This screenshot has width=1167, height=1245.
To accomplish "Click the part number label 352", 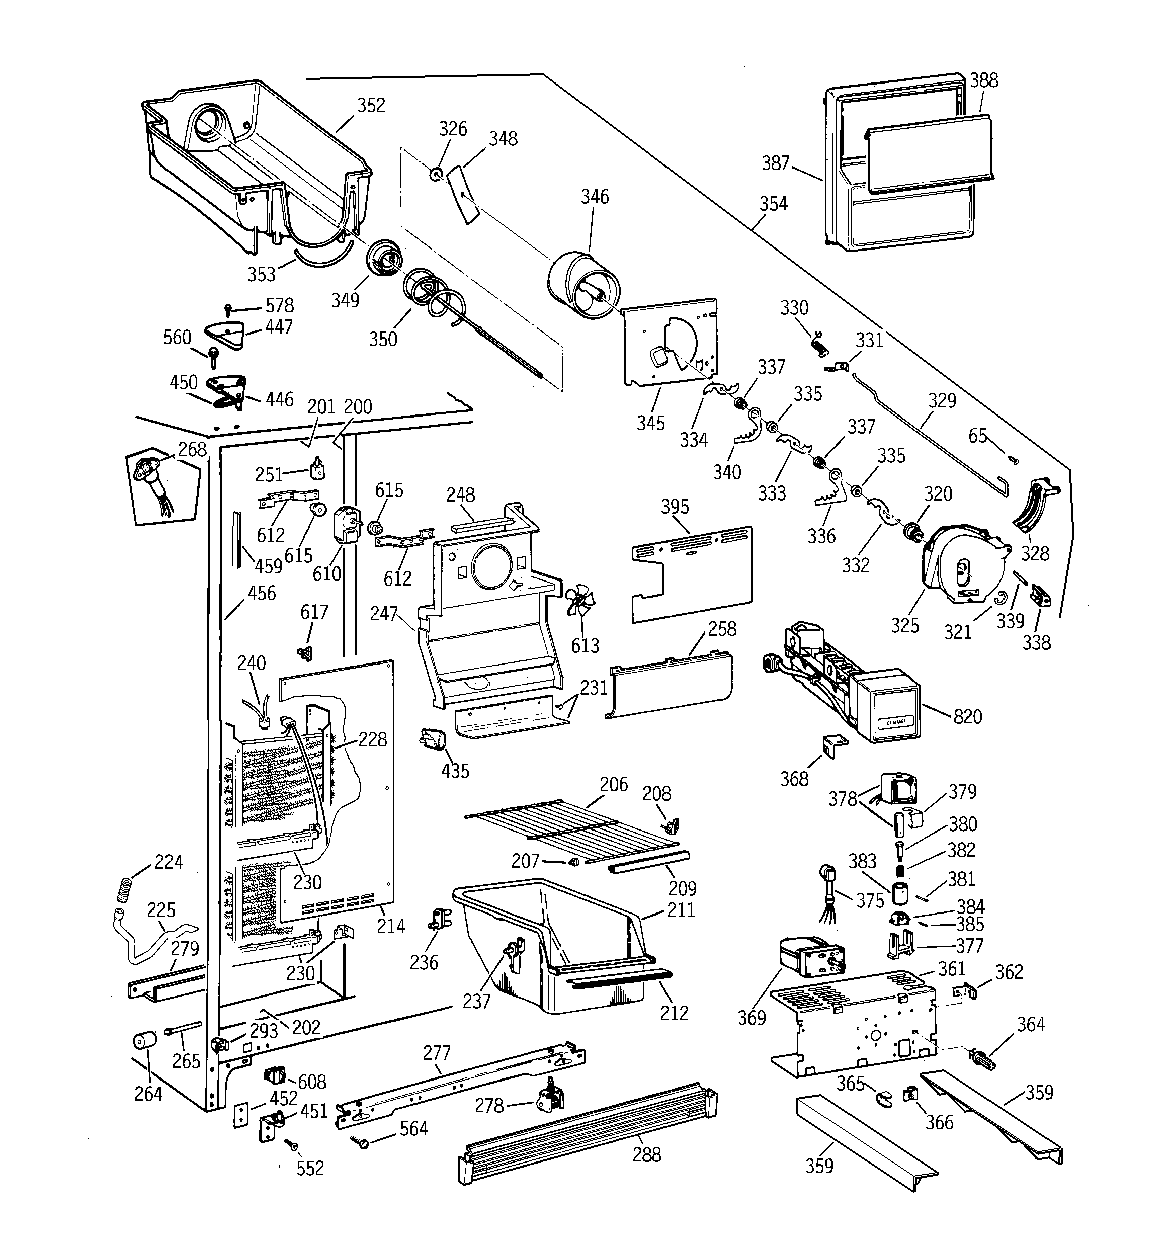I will [x=371, y=105].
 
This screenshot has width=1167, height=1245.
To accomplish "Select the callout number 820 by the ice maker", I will [x=967, y=716].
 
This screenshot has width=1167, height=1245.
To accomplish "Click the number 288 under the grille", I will [x=646, y=1154].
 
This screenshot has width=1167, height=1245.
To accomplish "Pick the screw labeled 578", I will [x=229, y=309].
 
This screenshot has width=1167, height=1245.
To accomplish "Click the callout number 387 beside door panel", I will [x=776, y=163].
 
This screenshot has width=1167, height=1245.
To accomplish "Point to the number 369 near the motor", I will [x=752, y=1018].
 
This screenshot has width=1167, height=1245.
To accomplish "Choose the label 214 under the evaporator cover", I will [x=391, y=926].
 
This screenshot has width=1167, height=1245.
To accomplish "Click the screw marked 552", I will [x=291, y=1144].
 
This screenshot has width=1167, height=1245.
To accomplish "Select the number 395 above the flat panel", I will [x=675, y=506].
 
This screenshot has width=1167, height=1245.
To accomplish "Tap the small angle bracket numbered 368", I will [x=832, y=745].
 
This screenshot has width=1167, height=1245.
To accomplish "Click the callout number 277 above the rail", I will [x=436, y=1053].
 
